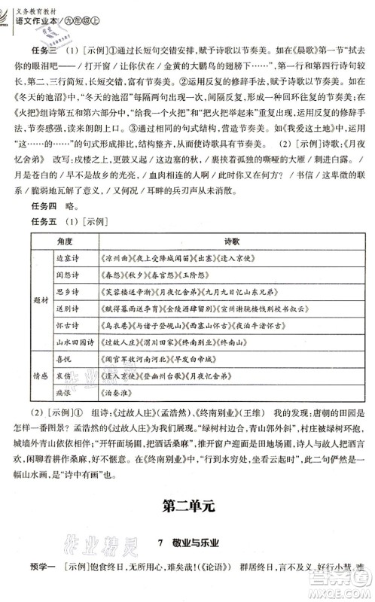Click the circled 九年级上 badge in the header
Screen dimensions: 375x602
click(x=103, y=22)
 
